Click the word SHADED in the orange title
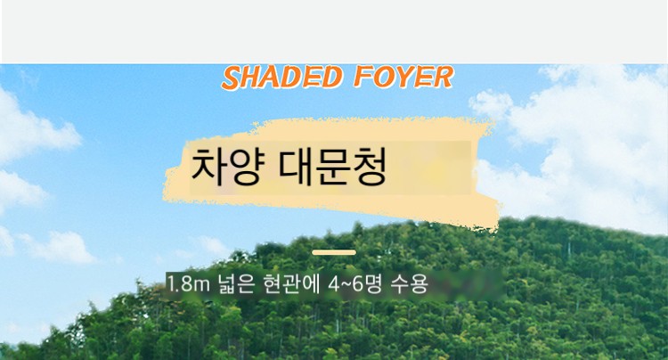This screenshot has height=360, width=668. point(282,78)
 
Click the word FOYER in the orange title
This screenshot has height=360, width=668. point(403,77)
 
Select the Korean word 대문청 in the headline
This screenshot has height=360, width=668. point(332,166)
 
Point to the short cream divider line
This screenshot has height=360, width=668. point(334,253)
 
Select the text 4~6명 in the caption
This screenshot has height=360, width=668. point(354,284)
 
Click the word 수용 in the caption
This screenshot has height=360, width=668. point(409,284)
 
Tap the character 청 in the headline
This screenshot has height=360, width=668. point(369,167)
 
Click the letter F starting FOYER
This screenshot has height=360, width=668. point(363,77)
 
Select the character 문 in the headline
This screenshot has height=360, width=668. point(333,167)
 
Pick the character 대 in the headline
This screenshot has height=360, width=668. point(296,166)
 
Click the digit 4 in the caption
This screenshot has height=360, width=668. point(333,284)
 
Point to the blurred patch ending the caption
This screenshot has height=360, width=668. point(468,284)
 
